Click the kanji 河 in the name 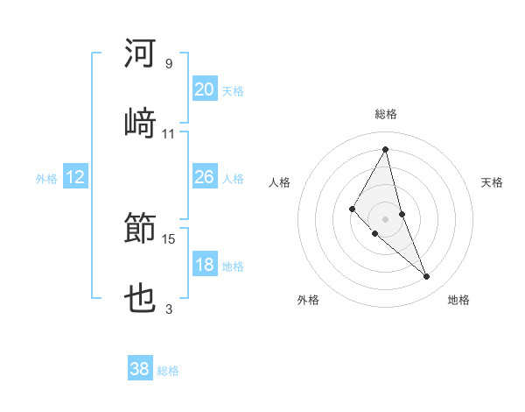pyautogui.click(x=141, y=54)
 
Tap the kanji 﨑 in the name pyautogui.click(x=141, y=123)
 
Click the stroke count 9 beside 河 pyautogui.click(x=169, y=64)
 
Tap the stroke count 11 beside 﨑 pyautogui.click(x=169, y=133)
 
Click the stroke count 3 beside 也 pyautogui.click(x=169, y=309)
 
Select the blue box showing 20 pyautogui.click(x=204, y=89)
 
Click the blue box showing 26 pyautogui.click(x=204, y=178)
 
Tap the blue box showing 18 pyautogui.click(x=204, y=266)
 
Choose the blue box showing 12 pyautogui.click(x=75, y=178)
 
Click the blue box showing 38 pyautogui.click(x=140, y=370)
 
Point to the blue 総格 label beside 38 pyautogui.click(x=168, y=371)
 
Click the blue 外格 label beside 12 pyautogui.click(x=46, y=179)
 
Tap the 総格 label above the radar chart pyautogui.click(x=386, y=114)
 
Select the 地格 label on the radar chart pyautogui.click(x=458, y=300)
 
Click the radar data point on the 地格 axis pyautogui.click(x=427, y=277)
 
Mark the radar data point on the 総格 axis pyautogui.click(x=386, y=148)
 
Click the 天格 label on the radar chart pyautogui.click(x=493, y=182)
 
